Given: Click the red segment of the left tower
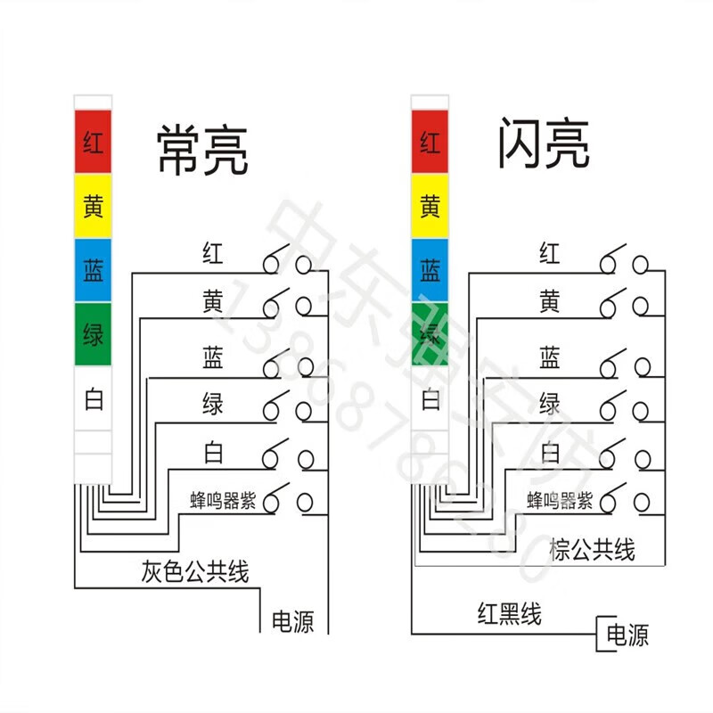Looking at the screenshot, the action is coord(93,142).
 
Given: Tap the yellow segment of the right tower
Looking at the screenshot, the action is coord(430,206).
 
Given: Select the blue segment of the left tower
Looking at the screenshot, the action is coord(93,271).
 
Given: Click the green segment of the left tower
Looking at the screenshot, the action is coord(93,335).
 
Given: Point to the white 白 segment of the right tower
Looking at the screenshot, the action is coord(430,397).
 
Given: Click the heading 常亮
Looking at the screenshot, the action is coord(201,149).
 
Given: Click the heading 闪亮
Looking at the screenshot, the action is coord(543,145).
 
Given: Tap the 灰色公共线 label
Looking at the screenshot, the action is coord(195,570).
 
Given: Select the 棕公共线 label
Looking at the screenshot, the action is coord(593,549).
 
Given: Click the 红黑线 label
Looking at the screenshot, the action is coord(509,613).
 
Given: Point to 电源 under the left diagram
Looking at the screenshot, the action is coord(292,621).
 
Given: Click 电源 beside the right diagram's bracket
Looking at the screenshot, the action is coord(627,635).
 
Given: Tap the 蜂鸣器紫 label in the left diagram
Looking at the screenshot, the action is coord(223,501).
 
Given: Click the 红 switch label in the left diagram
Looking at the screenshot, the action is coord(212,253).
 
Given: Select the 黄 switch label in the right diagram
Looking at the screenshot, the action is coord(550,302).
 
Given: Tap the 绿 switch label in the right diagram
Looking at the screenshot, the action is coord(550,404).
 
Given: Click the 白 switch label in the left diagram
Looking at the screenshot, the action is coord(212,453).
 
